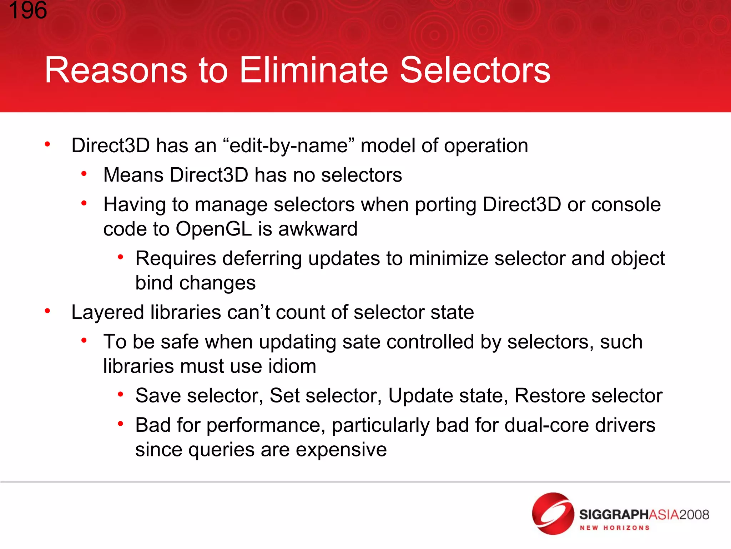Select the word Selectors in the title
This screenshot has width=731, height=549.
[475, 70]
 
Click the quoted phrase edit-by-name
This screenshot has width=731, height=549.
[288, 146]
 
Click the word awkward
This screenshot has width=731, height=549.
[318, 229]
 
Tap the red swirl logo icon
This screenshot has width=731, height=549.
[553, 513]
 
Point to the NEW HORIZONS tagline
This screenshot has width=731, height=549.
[614, 528]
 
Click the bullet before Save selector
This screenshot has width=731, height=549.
[121, 394]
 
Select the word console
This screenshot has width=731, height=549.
[626, 205]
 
